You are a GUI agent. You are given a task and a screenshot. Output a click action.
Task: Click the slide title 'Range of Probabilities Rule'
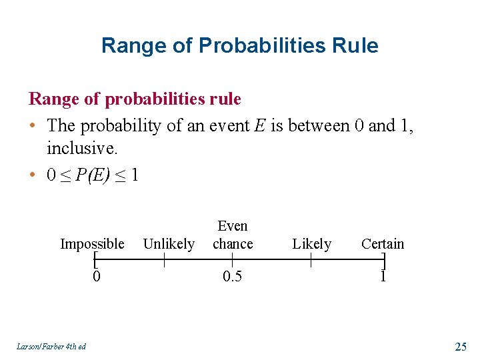(x=239, y=45)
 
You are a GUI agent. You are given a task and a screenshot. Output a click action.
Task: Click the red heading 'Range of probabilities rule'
(x=135, y=99)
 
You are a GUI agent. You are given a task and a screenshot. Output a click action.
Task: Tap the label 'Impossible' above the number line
(x=92, y=244)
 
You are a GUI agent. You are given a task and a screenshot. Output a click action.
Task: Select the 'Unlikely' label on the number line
(x=169, y=244)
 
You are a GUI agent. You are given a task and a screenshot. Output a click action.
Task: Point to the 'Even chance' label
(x=233, y=235)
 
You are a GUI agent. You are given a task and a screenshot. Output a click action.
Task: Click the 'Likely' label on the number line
(x=311, y=244)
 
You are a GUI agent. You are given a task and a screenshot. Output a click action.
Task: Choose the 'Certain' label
(x=383, y=244)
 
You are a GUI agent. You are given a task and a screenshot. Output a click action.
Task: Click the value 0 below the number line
(x=97, y=276)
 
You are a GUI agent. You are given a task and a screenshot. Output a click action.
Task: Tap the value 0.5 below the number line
(x=232, y=276)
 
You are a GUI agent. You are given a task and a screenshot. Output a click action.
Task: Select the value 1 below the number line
(x=383, y=276)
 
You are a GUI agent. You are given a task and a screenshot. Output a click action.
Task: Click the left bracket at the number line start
(x=96, y=260)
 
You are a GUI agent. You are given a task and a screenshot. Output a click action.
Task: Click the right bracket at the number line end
(x=383, y=260)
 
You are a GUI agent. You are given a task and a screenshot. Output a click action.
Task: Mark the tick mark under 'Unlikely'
(x=165, y=260)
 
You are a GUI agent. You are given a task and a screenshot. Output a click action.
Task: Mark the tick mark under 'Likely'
(x=311, y=260)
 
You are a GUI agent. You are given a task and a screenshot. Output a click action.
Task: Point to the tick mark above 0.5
(x=232, y=260)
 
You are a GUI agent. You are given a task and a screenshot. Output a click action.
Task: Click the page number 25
(x=460, y=346)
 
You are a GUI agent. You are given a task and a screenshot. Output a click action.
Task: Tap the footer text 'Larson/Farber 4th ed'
(x=49, y=346)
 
